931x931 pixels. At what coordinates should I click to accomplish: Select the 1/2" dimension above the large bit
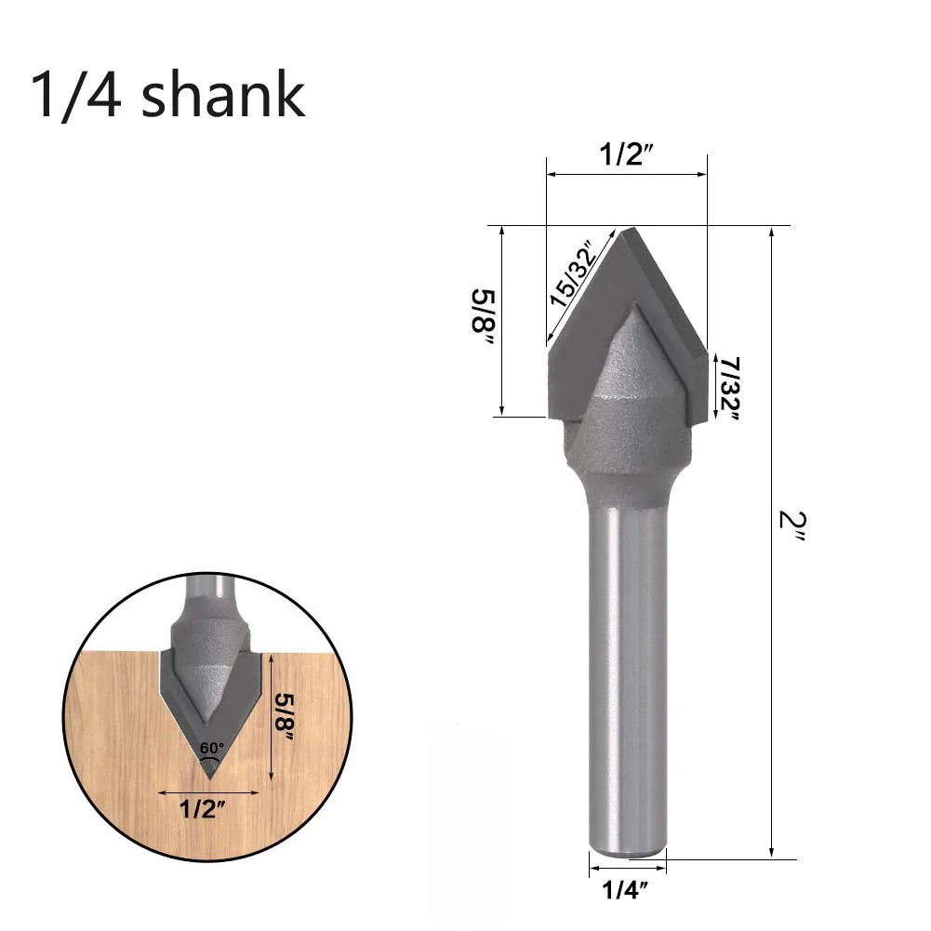tap(626, 154)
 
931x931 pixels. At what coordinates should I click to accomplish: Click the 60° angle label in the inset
tap(211, 746)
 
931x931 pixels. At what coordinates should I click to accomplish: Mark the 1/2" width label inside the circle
tap(203, 808)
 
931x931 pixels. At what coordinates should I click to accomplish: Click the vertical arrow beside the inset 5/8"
tap(271, 716)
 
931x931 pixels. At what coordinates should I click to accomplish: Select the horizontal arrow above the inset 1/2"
tap(203, 791)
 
